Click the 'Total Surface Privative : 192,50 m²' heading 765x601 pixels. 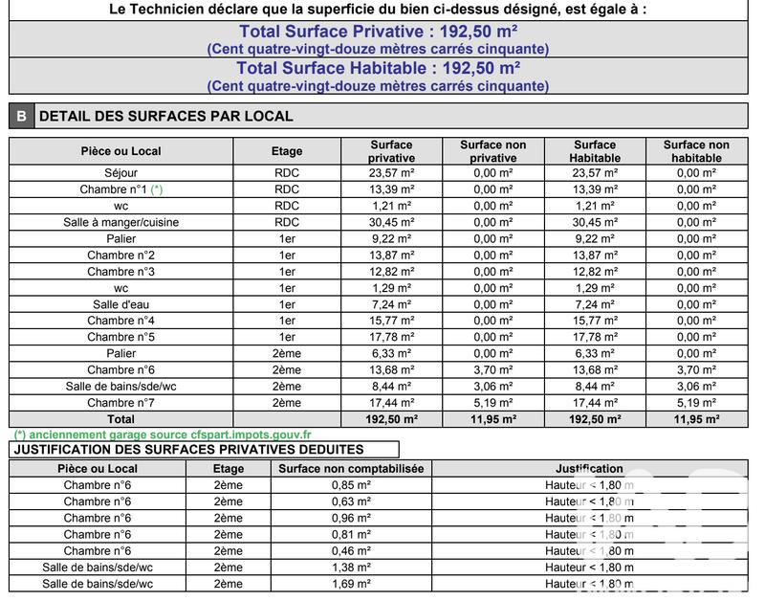point(378,30)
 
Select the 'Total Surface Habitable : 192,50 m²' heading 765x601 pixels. point(378,68)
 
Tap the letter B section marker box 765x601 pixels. point(20,117)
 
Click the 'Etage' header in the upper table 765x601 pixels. point(287,151)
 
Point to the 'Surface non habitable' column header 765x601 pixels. point(696,151)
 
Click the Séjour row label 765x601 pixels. point(121,173)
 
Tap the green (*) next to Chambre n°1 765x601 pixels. point(157,189)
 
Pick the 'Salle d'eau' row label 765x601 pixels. point(121,304)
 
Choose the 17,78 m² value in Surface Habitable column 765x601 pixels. point(595,337)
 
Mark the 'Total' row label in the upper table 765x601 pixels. point(121,419)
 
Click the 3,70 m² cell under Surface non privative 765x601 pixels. point(492,370)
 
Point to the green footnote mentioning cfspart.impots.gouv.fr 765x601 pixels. point(161,434)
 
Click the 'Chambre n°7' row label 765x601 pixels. point(121,403)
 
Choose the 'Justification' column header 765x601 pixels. point(589,469)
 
